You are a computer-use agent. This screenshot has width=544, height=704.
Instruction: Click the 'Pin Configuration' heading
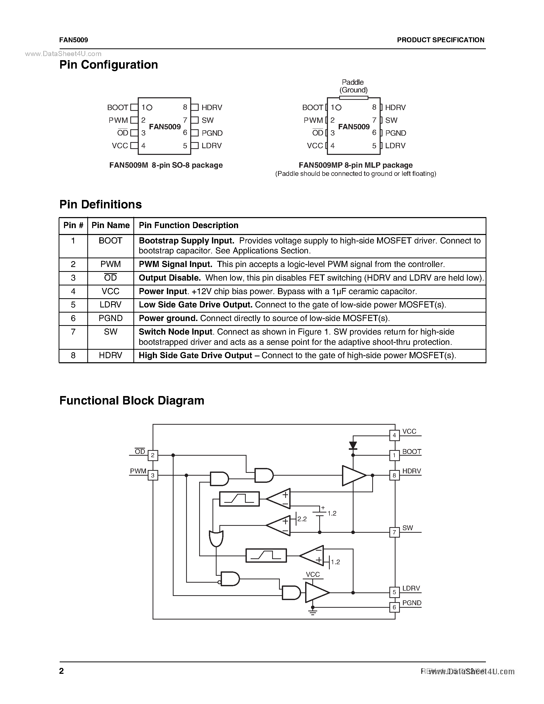coord(109,65)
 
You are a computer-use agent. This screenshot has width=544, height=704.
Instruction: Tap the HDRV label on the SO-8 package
coord(212,107)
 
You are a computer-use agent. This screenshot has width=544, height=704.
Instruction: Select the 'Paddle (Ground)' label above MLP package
coord(353,86)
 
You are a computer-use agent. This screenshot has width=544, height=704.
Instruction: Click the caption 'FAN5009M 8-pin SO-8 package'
coord(166,165)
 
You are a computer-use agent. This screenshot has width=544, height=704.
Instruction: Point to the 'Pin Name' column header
coord(111,225)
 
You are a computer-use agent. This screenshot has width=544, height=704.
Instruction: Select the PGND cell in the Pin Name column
coord(111,318)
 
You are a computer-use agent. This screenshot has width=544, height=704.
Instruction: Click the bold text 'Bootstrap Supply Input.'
coord(186,241)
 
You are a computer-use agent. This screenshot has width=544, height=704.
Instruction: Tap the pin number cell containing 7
coord(73,332)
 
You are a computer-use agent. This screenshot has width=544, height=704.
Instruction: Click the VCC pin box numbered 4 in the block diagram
coord(394,435)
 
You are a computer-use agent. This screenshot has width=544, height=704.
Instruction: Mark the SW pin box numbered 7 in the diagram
coord(394,532)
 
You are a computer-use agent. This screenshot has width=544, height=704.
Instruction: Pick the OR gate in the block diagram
coord(216,538)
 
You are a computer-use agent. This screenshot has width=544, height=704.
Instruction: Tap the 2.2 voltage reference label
coord(302,519)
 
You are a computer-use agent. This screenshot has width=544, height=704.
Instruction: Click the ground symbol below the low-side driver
coord(313,612)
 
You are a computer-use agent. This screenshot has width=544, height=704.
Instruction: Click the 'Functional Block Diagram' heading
coord(132,401)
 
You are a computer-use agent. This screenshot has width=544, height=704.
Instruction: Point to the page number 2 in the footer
coord(61,671)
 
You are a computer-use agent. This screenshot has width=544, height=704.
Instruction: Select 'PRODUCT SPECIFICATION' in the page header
coord(441,40)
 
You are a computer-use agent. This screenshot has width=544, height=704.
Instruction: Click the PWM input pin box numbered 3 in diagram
coord(153,475)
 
